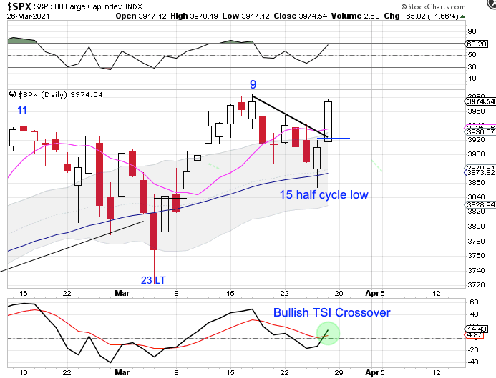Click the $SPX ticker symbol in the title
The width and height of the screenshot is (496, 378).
tap(20, 8)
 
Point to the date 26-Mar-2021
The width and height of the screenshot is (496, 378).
tap(24, 21)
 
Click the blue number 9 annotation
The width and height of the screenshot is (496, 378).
tap(253, 84)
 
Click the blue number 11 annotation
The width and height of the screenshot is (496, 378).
tap(22, 111)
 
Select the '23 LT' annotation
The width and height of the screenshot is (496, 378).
tap(153, 279)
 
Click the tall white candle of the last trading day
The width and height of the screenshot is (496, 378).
tap(329, 121)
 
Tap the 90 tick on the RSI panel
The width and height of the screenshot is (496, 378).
tap(472, 31)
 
